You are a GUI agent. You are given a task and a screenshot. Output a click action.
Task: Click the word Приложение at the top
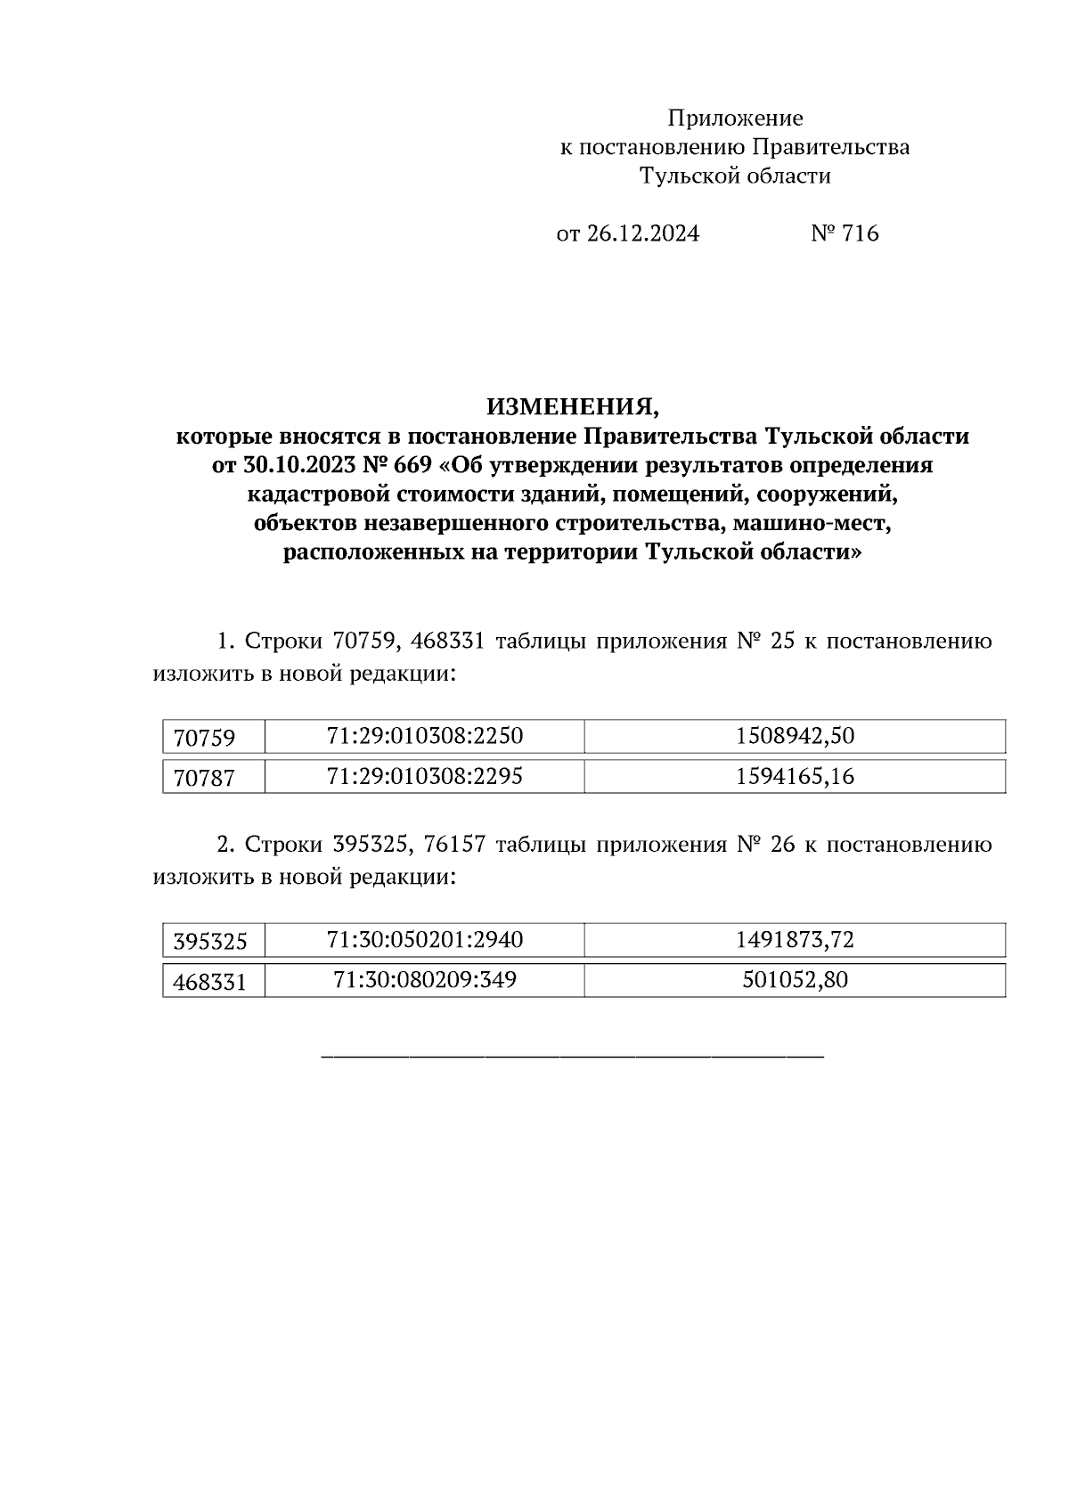(735, 119)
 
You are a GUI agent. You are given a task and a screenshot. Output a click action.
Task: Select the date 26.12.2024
(642, 234)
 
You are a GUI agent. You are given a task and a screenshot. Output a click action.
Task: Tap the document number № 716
(845, 234)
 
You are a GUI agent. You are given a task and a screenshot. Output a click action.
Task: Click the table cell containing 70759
(205, 739)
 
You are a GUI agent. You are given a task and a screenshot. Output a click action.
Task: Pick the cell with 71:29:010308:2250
(425, 736)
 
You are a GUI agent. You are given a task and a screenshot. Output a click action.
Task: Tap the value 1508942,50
(795, 736)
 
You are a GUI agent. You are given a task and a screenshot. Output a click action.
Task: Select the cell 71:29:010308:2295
(425, 776)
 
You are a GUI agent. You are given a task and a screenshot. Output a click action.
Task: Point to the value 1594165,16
(795, 776)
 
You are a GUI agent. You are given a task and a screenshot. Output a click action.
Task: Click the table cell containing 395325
(210, 942)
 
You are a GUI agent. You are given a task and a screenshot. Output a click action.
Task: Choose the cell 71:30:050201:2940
(425, 939)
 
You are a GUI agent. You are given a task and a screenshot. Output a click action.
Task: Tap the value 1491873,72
(795, 939)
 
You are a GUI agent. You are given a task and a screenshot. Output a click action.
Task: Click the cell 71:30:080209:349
(425, 980)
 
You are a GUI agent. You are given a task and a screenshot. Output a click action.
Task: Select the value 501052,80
(795, 980)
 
